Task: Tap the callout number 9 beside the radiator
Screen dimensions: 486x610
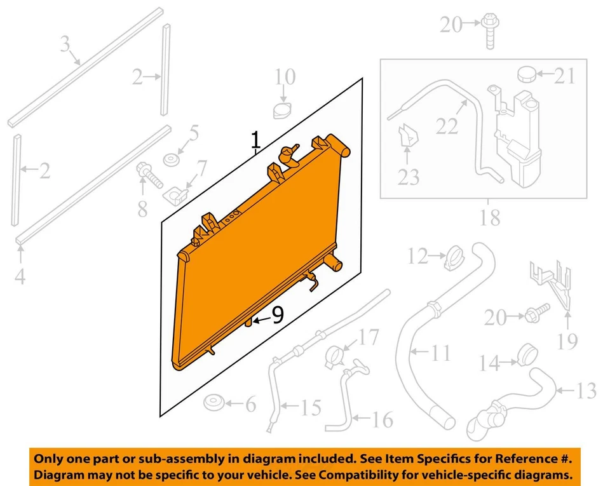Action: [277, 316]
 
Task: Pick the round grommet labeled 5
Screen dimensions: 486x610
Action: [170, 159]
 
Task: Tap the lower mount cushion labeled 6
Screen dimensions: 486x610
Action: [213, 402]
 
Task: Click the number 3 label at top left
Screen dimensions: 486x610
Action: [64, 45]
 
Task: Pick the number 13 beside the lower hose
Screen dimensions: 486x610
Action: [586, 389]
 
